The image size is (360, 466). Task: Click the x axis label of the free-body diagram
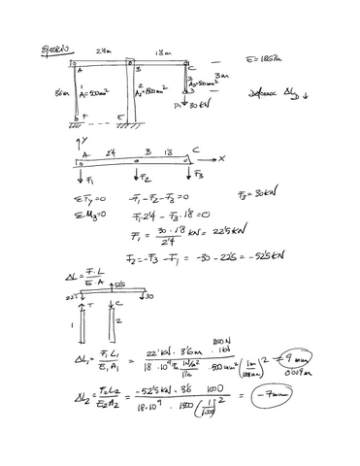pyautogui.click(x=221, y=158)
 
